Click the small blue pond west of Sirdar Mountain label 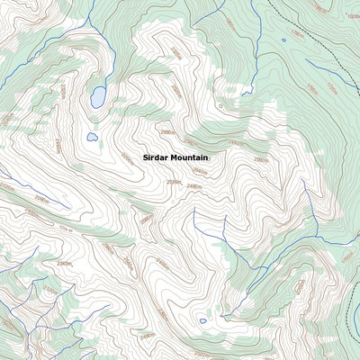92,137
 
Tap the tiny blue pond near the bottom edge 202,320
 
